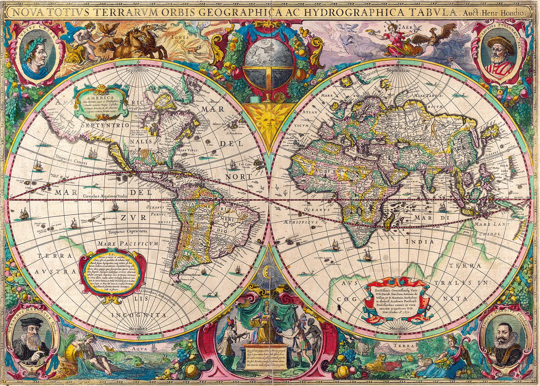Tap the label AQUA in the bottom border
tap(136, 349)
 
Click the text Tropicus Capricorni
tap(128, 231)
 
